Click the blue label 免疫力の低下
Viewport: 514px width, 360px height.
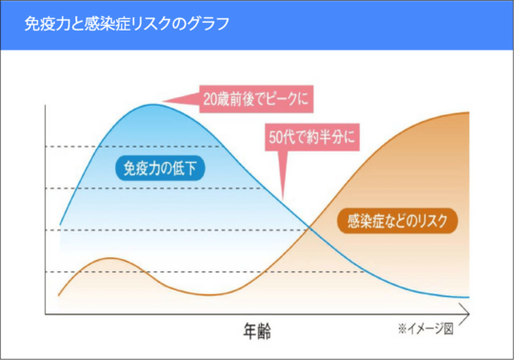tap(158, 170)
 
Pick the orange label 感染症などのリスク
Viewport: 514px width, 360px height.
tap(398, 223)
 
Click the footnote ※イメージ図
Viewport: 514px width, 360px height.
tap(428, 330)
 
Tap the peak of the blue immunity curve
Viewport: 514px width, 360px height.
tap(152, 103)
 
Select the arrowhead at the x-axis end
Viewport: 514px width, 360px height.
tap(465, 312)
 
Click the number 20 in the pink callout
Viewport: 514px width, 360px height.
tap(210, 98)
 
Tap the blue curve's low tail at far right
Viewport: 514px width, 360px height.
tap(457, 296)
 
